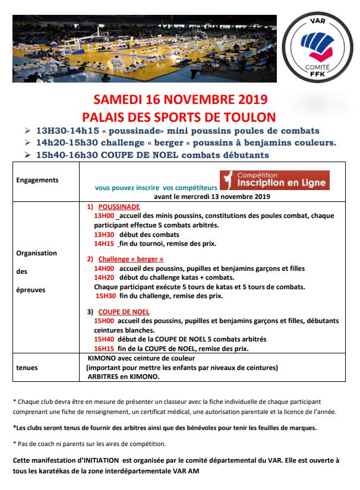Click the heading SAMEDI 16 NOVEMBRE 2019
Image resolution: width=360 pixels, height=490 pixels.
(x=179, y=99)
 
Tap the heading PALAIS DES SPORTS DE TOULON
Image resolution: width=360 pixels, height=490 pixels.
(x=179, y=115)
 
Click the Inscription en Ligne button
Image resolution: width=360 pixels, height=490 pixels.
(x=275, y=180)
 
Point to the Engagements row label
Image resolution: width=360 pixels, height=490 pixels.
(x=37, y=179)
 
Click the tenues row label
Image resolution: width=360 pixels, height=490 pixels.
(x=27, y=368)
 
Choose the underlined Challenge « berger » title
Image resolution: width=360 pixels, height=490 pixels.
(x=131, y=260)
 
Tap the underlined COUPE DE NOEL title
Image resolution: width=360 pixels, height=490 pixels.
(x=124, y=312)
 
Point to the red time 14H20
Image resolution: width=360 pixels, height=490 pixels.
(x=105, y=277)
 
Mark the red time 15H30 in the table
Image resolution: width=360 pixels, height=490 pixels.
(x=106, y=295)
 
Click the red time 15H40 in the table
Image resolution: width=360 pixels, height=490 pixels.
(x=105, y=339)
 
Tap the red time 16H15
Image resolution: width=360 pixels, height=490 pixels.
(x=105, y=349)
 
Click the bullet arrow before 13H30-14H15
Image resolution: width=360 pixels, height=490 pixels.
(x=27, y=131)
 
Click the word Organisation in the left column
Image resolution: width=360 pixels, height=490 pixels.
(x=37, y=252)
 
